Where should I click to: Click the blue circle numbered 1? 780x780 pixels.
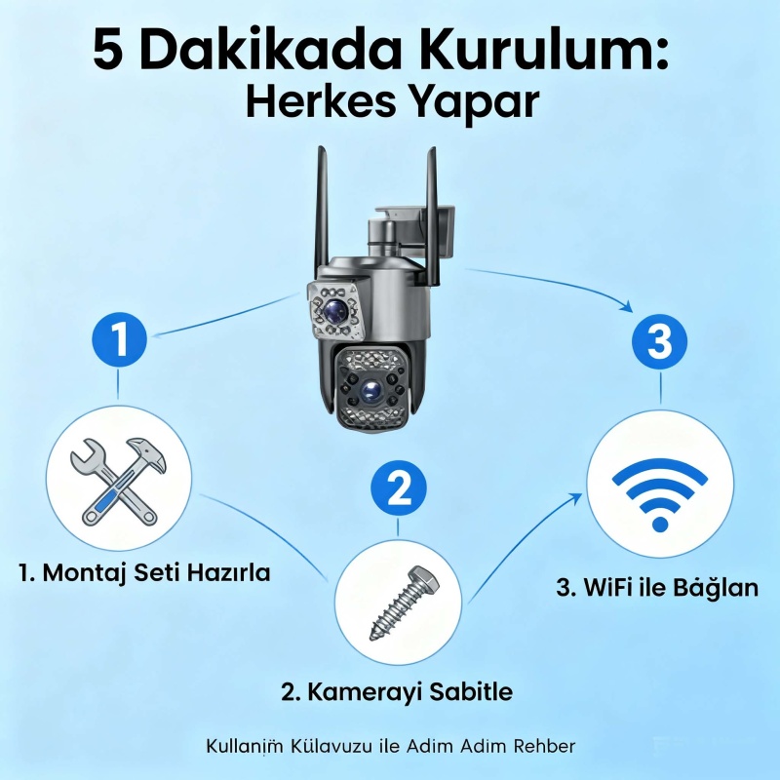(x=119, y=339)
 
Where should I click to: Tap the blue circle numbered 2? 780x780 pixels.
(x=399, y=487)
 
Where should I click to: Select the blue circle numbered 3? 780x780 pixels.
(x=660, y=342)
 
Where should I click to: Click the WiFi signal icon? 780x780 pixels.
(x=660, y=494)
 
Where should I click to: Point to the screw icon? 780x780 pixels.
(x=405, y=603)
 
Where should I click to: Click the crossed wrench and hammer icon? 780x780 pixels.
(x=118, y=482)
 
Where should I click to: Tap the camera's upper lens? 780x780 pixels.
(x=334, y=311)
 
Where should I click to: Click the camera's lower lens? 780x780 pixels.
(x=370, y=391)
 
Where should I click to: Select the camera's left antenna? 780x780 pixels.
(x=322, y=214)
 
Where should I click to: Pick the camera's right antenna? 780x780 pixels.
(x=432, y=216)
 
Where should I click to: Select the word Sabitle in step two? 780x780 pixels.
(x=471, y=691)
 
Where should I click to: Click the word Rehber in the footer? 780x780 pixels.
(x=544, y=746)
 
